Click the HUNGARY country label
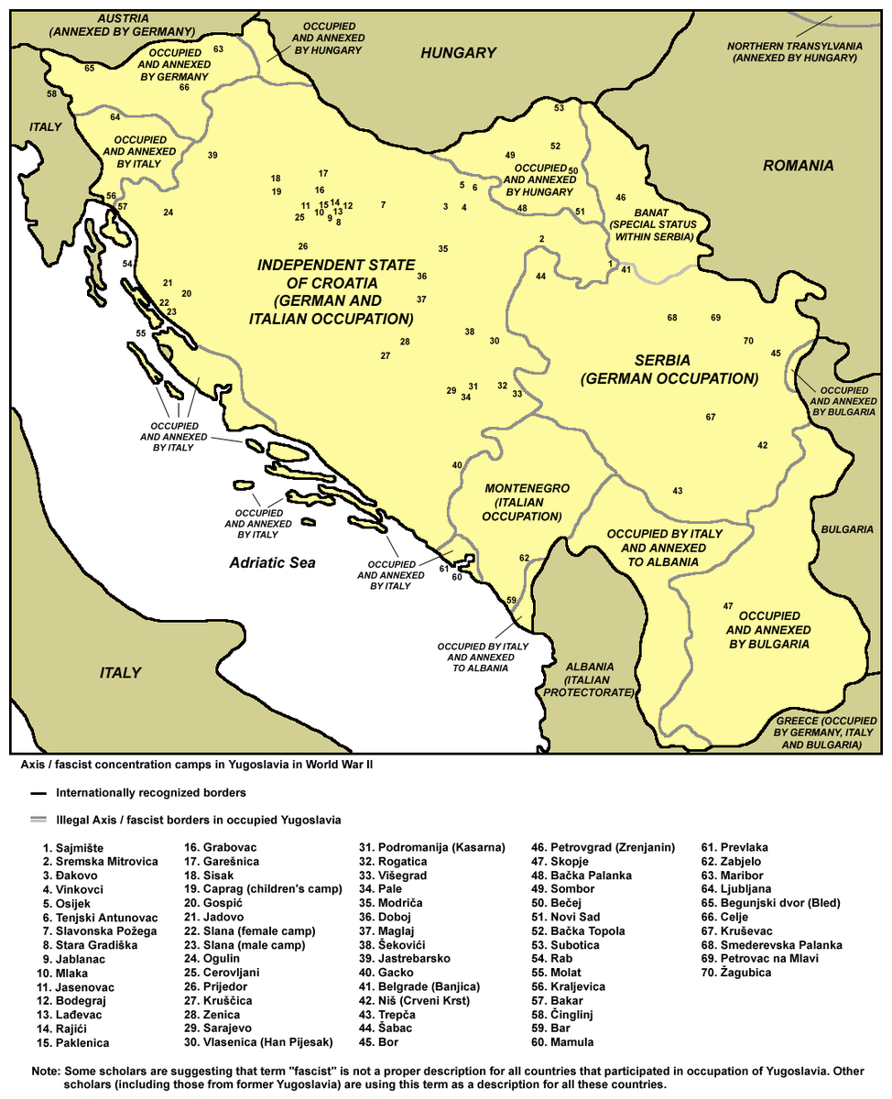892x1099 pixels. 458,53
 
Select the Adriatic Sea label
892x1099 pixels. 272,562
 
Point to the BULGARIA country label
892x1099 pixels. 846,529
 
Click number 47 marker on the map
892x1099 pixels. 728,606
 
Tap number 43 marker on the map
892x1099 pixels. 677,492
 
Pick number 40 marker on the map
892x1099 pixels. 457,465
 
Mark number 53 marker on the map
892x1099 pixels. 559,108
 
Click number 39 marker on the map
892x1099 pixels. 212,156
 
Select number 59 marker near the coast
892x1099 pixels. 511,600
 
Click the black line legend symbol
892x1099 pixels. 38,793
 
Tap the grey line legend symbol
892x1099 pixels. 38,820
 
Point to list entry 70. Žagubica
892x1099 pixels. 736,972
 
